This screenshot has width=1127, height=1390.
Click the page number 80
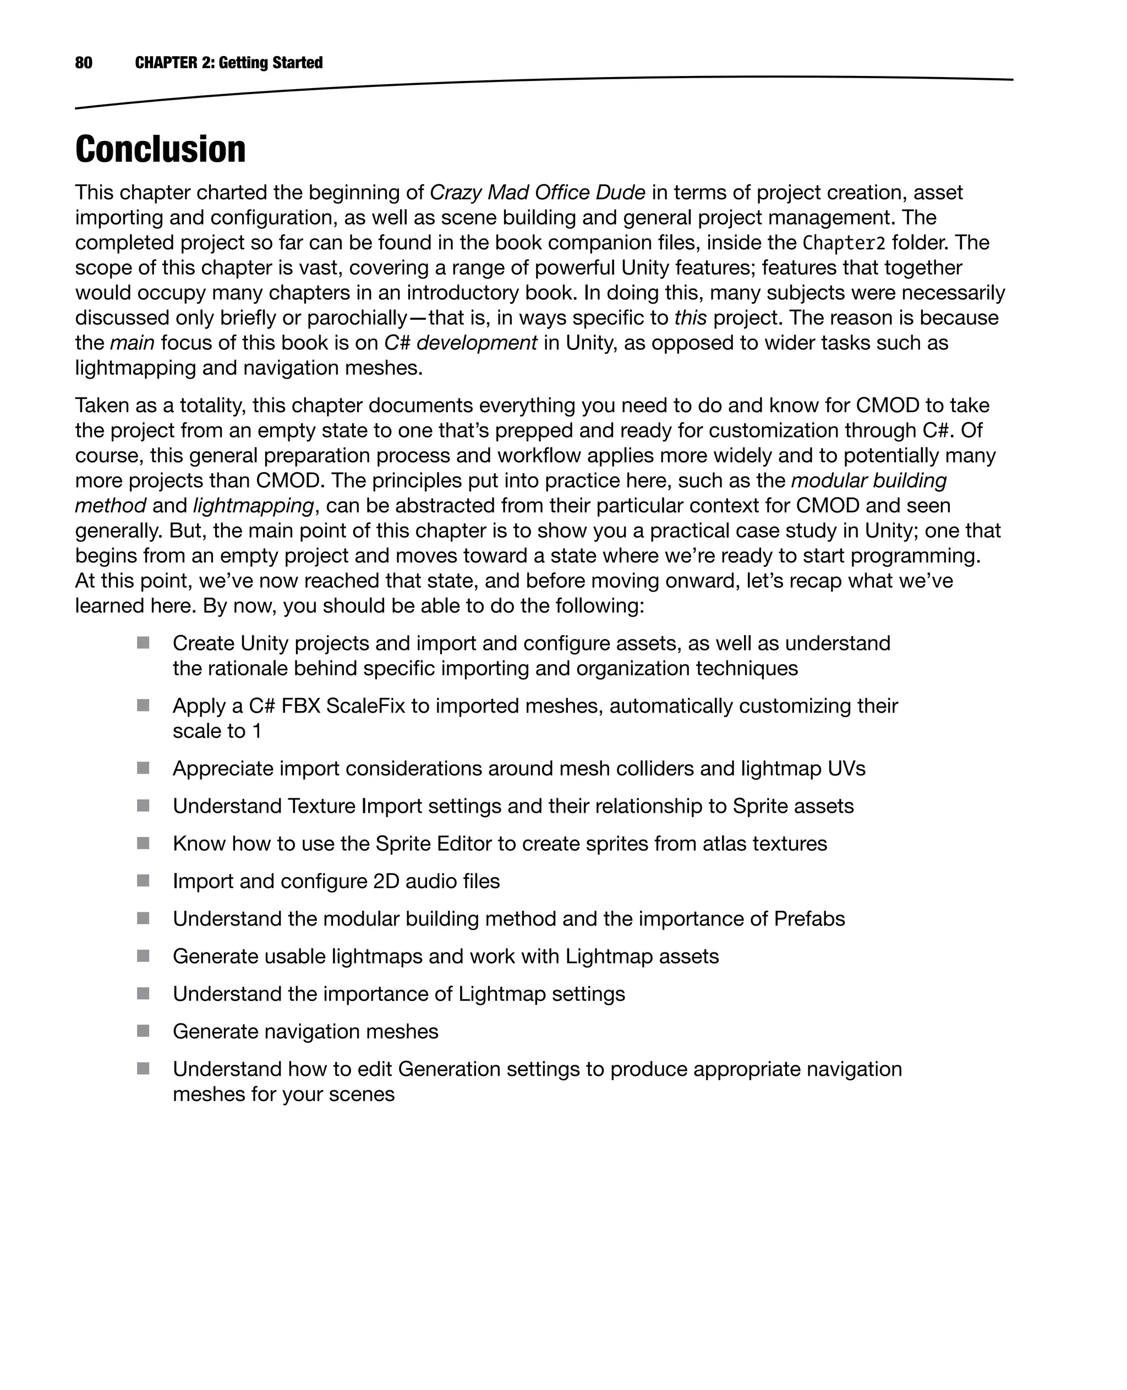pos(84,63)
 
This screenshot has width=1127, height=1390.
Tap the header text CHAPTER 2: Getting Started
pos(228,63)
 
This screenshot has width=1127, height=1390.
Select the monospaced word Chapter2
pos(844,243)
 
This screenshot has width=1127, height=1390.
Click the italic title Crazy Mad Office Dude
pos(538,193)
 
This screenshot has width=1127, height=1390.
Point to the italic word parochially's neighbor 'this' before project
pos(690,318)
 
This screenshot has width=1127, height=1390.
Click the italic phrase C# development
pos(461,343)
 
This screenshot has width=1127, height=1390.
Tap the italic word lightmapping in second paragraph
pos(253,506)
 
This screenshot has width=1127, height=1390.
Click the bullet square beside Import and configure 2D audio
pos(144,881)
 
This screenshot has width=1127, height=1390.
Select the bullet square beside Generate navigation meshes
pos(144,1031)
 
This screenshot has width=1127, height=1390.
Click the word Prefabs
pos(809,918)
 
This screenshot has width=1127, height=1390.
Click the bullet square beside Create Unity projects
pos(144,643)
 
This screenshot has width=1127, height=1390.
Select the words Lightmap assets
pos(642,956)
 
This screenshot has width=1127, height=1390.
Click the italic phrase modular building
pos(868,480)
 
